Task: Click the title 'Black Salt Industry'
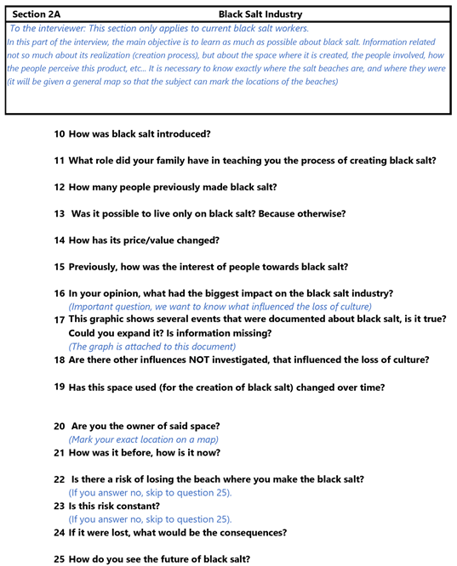260,14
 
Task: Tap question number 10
59,134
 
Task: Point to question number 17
59,319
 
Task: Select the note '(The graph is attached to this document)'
153,347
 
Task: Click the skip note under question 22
150,492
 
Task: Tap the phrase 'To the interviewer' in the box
51,29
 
